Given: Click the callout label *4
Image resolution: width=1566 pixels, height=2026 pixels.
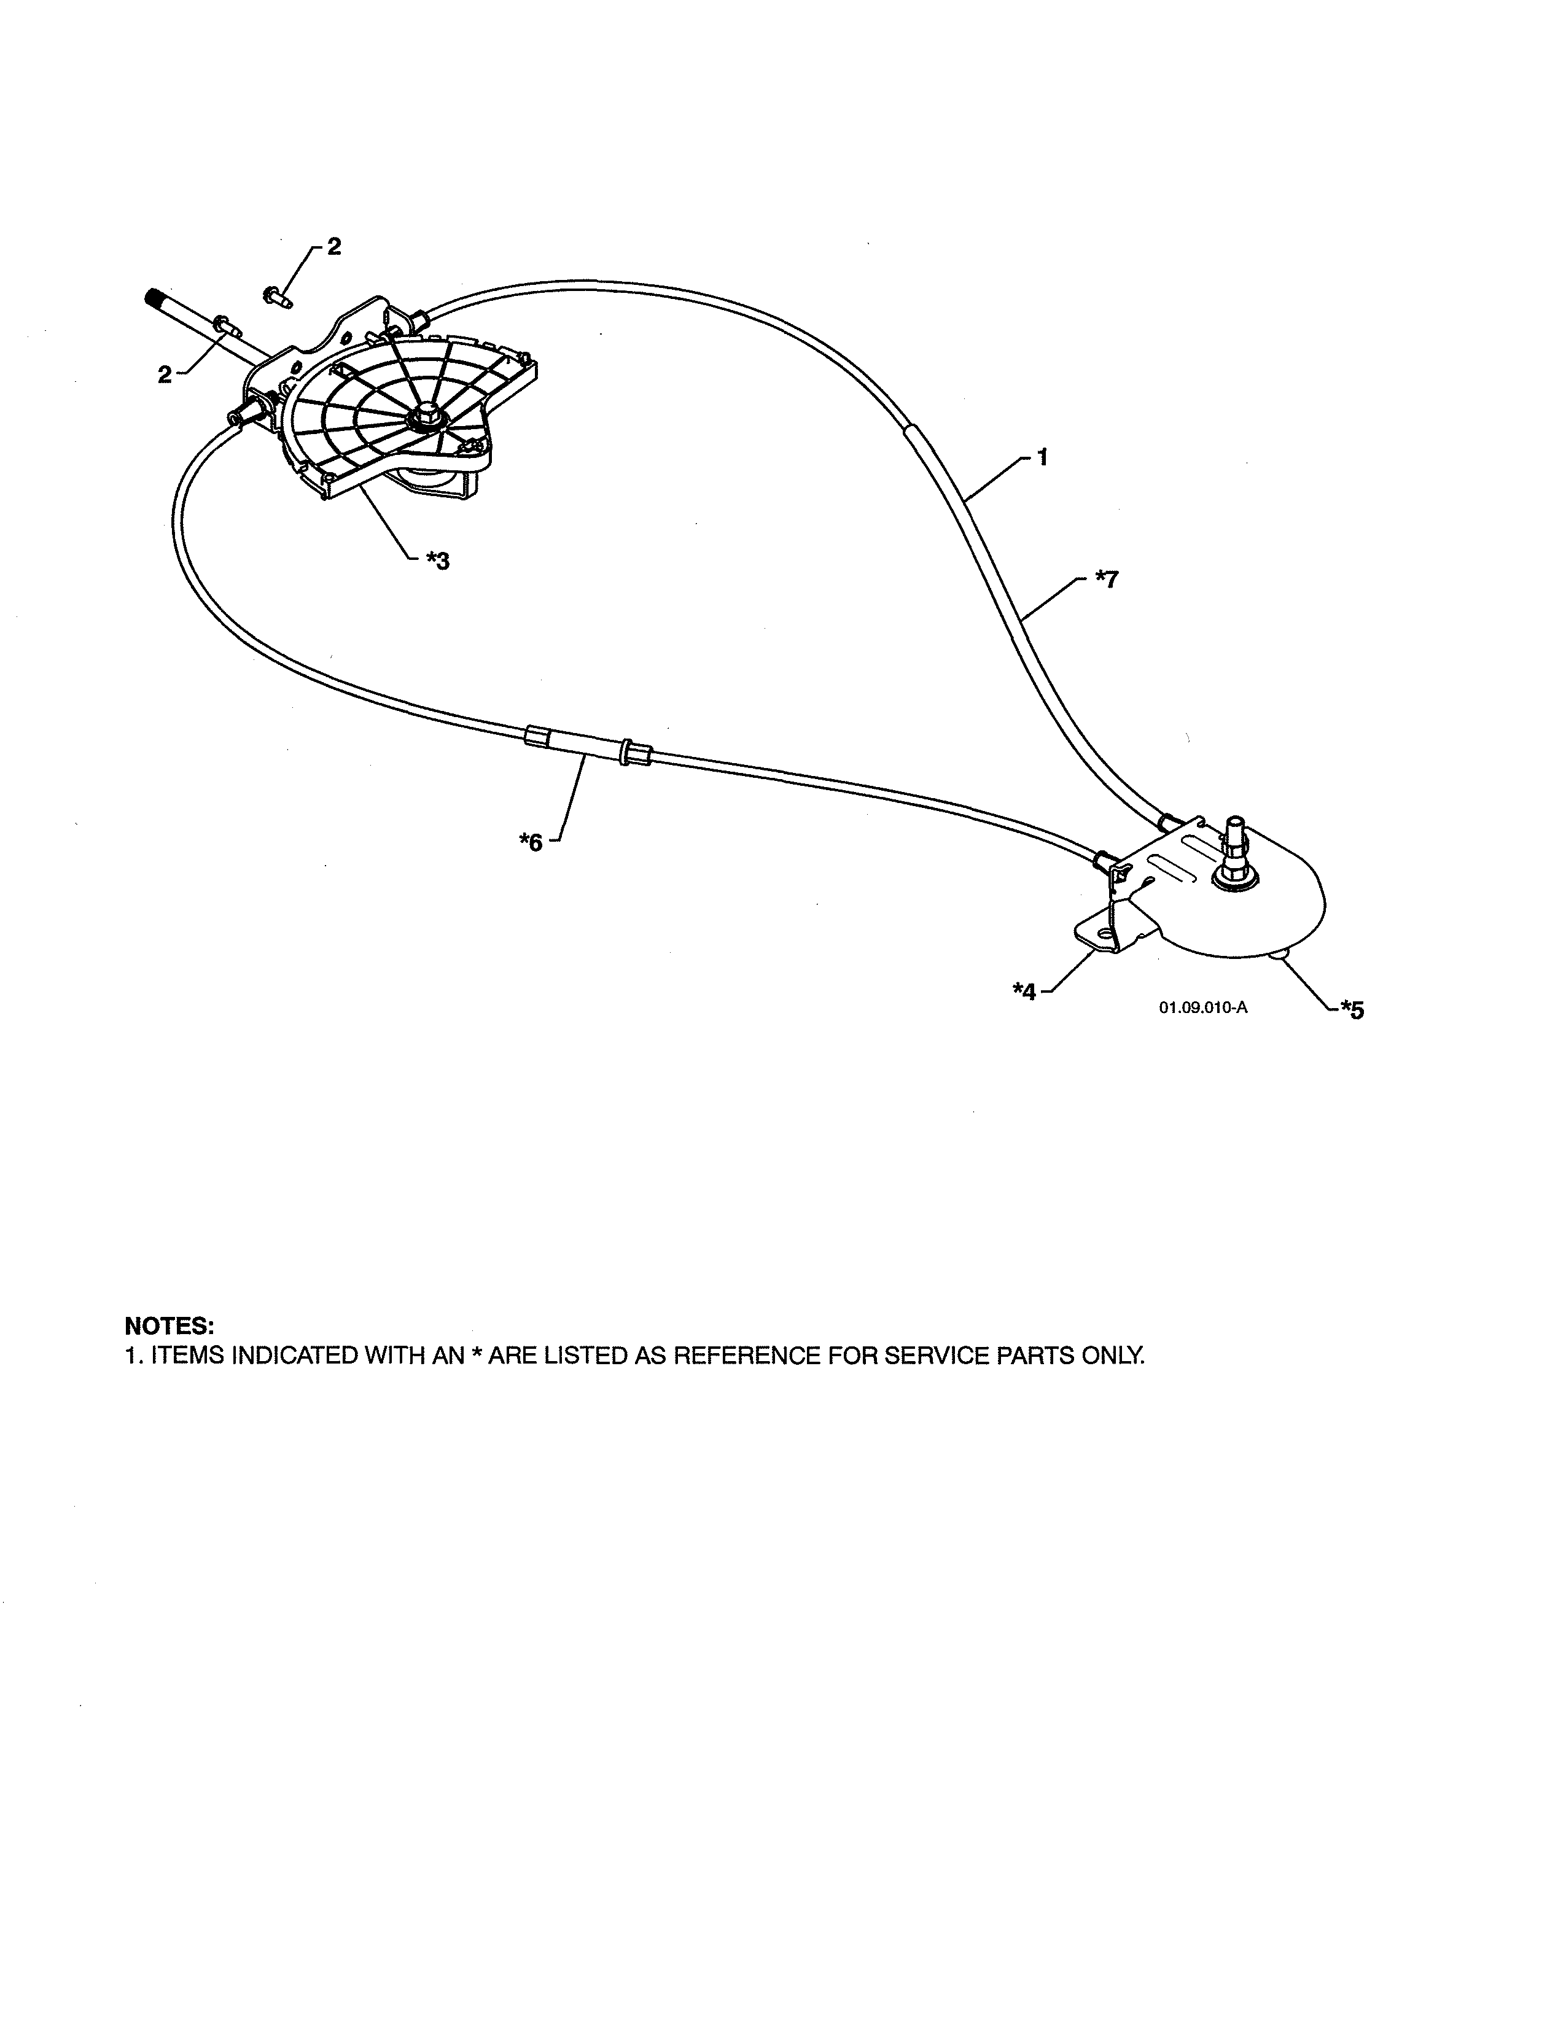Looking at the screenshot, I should tap(1024, 992).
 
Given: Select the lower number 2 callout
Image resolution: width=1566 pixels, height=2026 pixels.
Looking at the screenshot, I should tap(164, 375).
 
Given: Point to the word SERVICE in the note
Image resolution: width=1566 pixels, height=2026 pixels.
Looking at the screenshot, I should tap(937, 1356).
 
